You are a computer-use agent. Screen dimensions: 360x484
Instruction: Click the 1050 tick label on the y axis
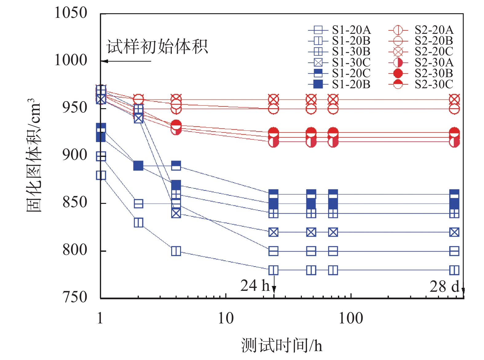tap(71, 13)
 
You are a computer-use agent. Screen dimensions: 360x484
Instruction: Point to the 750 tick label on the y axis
tap(75, 297)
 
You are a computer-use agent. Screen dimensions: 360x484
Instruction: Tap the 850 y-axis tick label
tap(75, 203)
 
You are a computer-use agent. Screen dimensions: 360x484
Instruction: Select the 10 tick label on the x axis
tap(226, 318)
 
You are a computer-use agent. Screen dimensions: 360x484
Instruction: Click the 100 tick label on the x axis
tap(351, 318)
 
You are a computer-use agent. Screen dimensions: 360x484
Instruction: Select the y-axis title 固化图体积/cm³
tap(33, 155)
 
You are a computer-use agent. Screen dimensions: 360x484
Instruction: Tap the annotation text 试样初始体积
tap(157, 47)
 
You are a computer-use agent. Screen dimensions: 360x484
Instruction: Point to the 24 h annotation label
tap(255, 286)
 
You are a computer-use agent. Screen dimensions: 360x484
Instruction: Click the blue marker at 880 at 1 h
tap(101, 175)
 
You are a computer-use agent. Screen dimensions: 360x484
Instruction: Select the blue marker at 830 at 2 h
tap(139, 222)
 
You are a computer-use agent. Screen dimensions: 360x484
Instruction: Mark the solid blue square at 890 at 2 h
tap(139, 166)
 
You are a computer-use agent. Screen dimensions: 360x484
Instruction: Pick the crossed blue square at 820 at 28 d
tap(454, 232)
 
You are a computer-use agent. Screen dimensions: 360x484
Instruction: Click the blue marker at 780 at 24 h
tap(273, 270)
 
